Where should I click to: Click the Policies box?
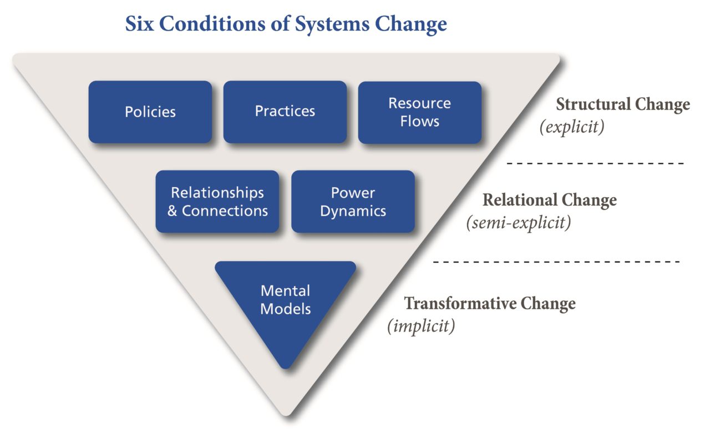(150, 112)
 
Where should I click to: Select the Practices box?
(285, 112)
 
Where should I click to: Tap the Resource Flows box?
(419, 112)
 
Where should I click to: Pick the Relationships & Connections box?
(217, 202)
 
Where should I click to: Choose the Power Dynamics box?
(353, 202)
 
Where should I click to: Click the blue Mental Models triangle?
(285, 305)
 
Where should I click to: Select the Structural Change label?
(623, 104)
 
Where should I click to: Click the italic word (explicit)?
(571, 127)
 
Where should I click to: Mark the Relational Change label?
(549, 200)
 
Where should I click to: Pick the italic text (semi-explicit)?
(518, 223)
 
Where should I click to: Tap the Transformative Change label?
(489, 304)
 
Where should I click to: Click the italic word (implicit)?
(420, 326)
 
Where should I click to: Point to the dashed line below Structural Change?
(595, 164)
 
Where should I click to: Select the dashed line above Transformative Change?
(556, 261)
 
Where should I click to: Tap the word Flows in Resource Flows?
(419, 121)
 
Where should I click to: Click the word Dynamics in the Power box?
(353, 211)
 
